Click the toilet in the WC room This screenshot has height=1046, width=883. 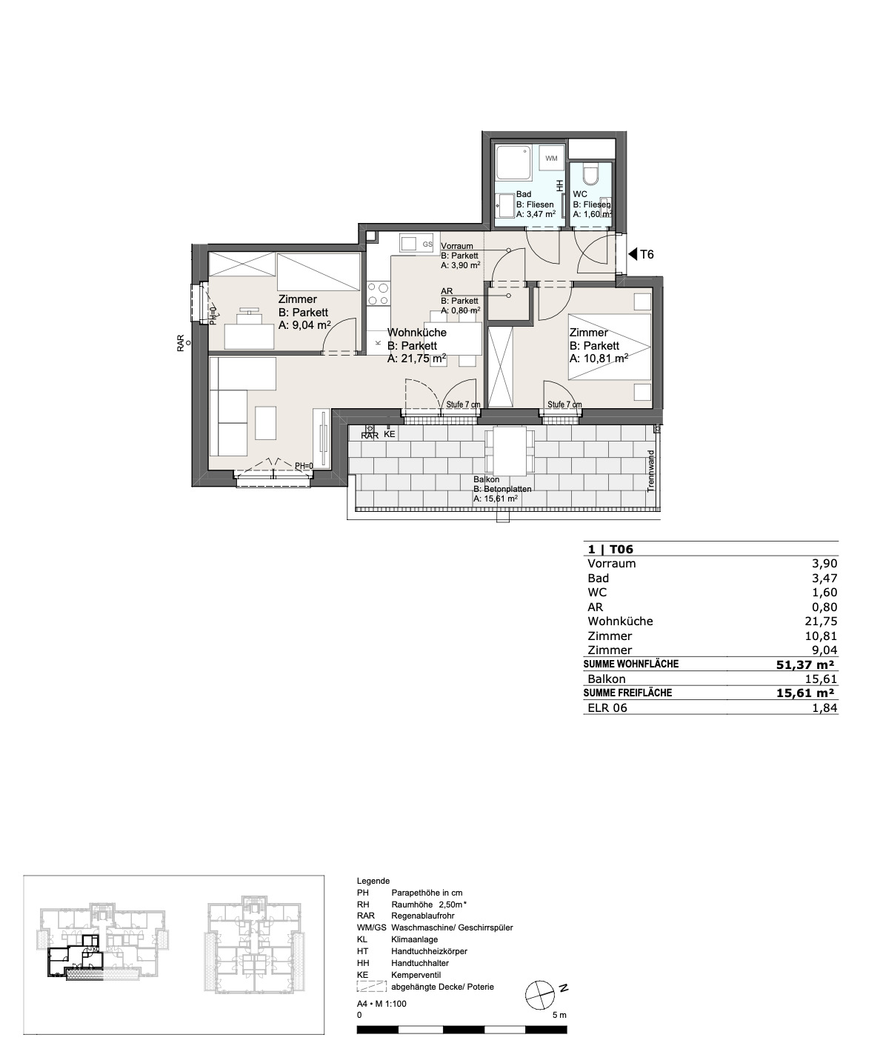point(591,175)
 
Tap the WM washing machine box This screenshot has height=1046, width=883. point(551,159)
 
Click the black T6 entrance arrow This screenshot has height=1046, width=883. point(633,255)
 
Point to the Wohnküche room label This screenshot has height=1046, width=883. point(417,332)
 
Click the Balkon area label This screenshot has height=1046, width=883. point(487,479)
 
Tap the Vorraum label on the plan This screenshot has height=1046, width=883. point(457,246)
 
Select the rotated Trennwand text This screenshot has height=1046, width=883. point(651,471)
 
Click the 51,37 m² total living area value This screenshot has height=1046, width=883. point(805,664)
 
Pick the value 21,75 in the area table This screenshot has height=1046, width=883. point(824,622)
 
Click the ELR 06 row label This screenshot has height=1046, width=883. point(607,708)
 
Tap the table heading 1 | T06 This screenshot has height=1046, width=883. point(610,549)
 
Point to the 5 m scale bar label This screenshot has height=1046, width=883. point(559,1015)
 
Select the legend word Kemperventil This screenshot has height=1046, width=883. point(416,975)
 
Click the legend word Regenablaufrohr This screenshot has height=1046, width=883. point(423,916)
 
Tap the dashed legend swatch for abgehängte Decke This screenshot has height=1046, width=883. point(372,987)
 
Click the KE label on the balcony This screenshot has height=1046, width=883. point(389,434)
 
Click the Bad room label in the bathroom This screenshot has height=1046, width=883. point(524,194)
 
